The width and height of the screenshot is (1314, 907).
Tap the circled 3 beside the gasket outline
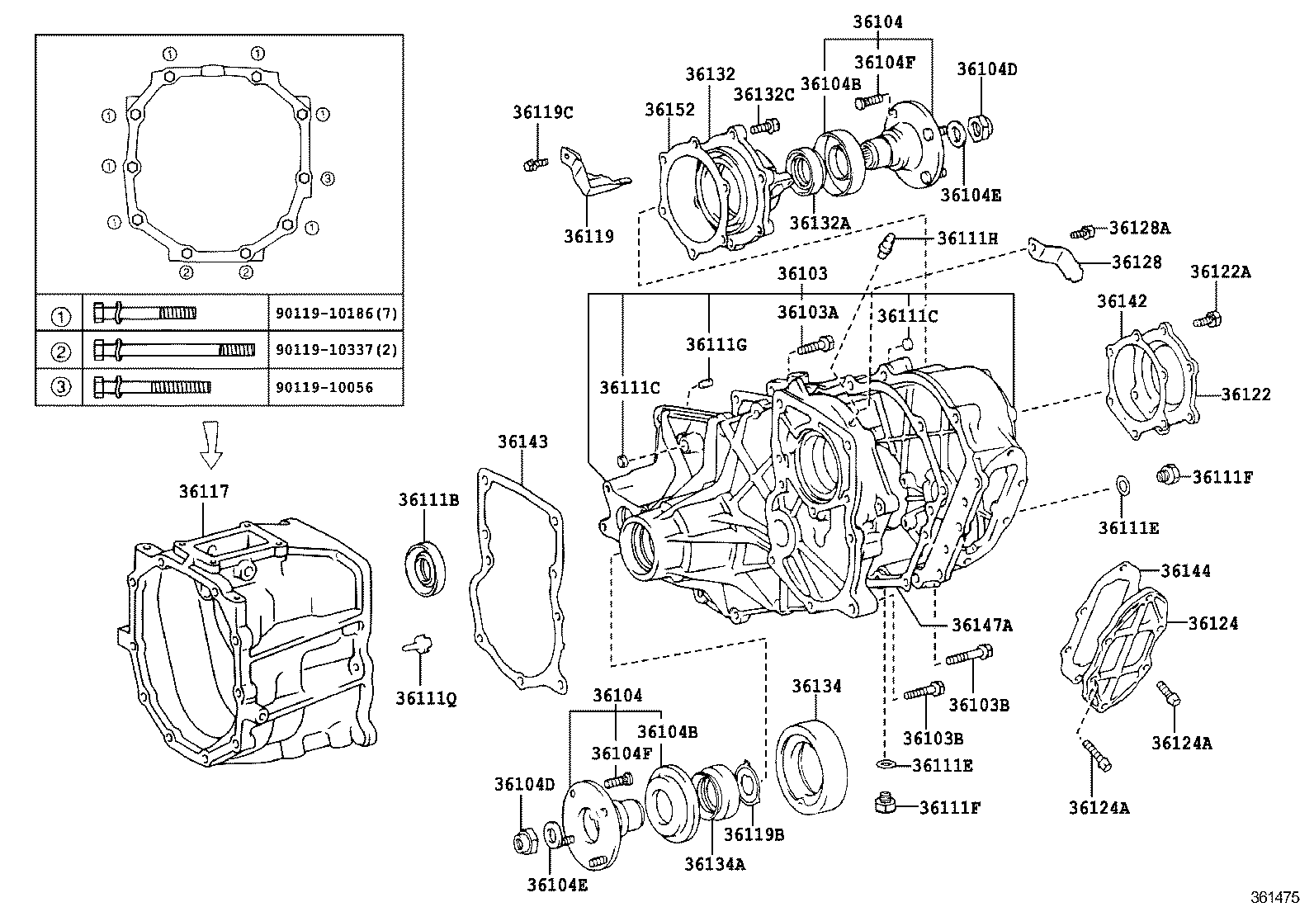[x=327, y=177]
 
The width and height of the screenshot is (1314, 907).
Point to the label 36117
[x=204, y=491]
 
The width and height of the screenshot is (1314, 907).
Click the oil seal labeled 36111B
[x=427, y=566]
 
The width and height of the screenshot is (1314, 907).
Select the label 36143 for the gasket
[x=522, y=442]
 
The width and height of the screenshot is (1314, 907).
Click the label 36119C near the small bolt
[x=542, y=112]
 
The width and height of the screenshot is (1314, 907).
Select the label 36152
[x=669, y=109]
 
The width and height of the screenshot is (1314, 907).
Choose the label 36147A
[x=981, y=625]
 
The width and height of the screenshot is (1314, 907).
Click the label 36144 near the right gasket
[x=1185, y=570]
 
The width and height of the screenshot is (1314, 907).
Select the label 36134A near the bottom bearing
[x=714, y=863]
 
